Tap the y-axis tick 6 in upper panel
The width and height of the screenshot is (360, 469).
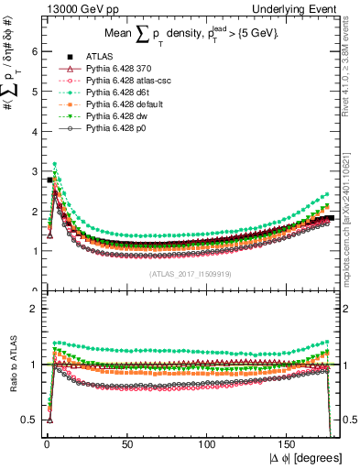32,52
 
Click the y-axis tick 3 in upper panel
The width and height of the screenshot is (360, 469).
32,171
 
